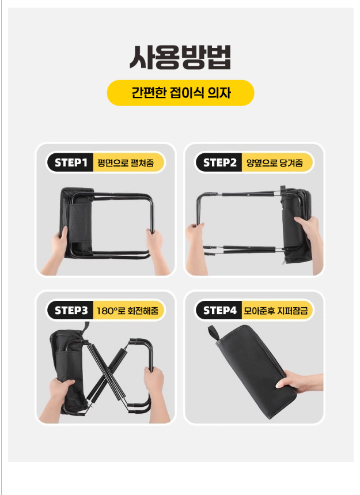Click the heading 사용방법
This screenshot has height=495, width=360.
point(180,57)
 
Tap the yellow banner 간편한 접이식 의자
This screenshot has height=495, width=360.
point(180,93)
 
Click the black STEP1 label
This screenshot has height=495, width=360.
point(71,163)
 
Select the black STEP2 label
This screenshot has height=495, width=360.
point(219,163)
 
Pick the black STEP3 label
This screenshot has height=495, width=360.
point(71,311)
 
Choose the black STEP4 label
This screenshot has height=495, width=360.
point(219,311)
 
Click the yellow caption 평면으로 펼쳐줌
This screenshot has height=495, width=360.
point(126,163)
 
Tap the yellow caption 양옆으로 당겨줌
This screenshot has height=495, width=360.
point(275,163)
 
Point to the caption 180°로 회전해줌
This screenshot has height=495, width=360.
point(127,311)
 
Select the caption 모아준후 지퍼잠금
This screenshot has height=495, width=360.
point(276,311)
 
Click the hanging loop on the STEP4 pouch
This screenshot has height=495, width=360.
point(214,332)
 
